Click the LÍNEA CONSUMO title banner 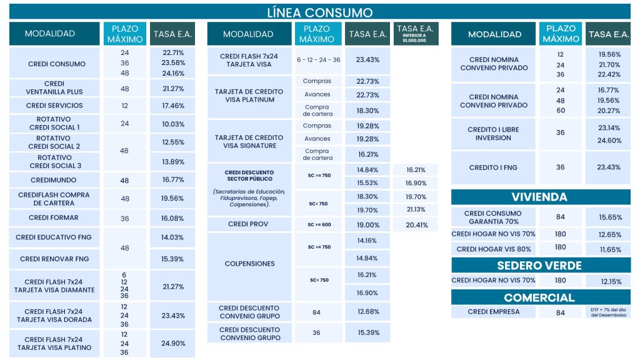tap(319, 12)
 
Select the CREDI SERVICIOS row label tap(54, 106)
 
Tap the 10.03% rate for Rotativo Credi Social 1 tap(172, 124)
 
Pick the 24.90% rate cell tap(172, 343)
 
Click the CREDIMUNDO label tap(54, 180)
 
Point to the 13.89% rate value tap(172, 162)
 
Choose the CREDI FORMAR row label tap(54, 218)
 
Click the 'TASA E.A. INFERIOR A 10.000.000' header tap(416, 33)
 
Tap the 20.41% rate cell tap(416, 225)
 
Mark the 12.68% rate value tap(367, 312)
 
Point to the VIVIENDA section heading tap(540, 197)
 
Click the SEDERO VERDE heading tap(540, 265)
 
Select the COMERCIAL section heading tap(540, 297)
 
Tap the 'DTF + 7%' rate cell tap(607, 312)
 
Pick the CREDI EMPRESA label tap(493, 312)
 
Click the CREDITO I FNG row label tap(493, 167)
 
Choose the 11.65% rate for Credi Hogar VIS tap(607, 249)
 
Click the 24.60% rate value tap(607, 141)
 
